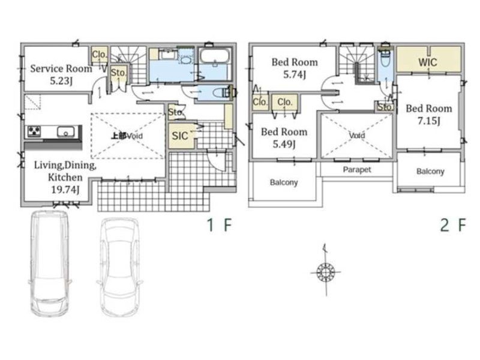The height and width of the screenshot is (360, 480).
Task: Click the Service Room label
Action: (x=61, y=68)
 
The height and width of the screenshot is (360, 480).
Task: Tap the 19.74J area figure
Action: (x=65, y=190)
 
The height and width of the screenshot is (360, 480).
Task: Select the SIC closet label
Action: (x=179, y=136)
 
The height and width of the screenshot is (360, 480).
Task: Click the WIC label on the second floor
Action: (x=428, y=62)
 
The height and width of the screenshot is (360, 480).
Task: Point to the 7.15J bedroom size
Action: (x=429, y=121)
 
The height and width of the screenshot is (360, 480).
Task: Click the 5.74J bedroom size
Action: (x=295, y=74)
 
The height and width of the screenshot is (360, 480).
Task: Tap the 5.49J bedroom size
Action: (x=284, y=144)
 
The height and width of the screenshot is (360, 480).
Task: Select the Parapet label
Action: (x=357, y=170)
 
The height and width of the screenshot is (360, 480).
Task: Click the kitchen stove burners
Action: (x=34, y=131)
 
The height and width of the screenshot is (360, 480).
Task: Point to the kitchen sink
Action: (x=65, y=133)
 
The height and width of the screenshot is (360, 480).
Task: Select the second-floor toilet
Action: (x=385, y=59)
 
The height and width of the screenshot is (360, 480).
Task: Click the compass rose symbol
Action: (x=326, y=271)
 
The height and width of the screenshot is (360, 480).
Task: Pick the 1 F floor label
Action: (x=219, y=226)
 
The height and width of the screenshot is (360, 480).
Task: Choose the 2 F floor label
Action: (x=453, y=226)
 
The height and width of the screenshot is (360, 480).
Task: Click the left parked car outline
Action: (x=50, y=263)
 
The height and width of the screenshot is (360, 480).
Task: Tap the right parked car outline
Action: (x=119, y=267)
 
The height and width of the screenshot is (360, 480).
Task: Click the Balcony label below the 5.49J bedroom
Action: (x=284, y=182)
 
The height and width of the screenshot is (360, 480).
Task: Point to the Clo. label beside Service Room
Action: (x=100, y=55)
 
